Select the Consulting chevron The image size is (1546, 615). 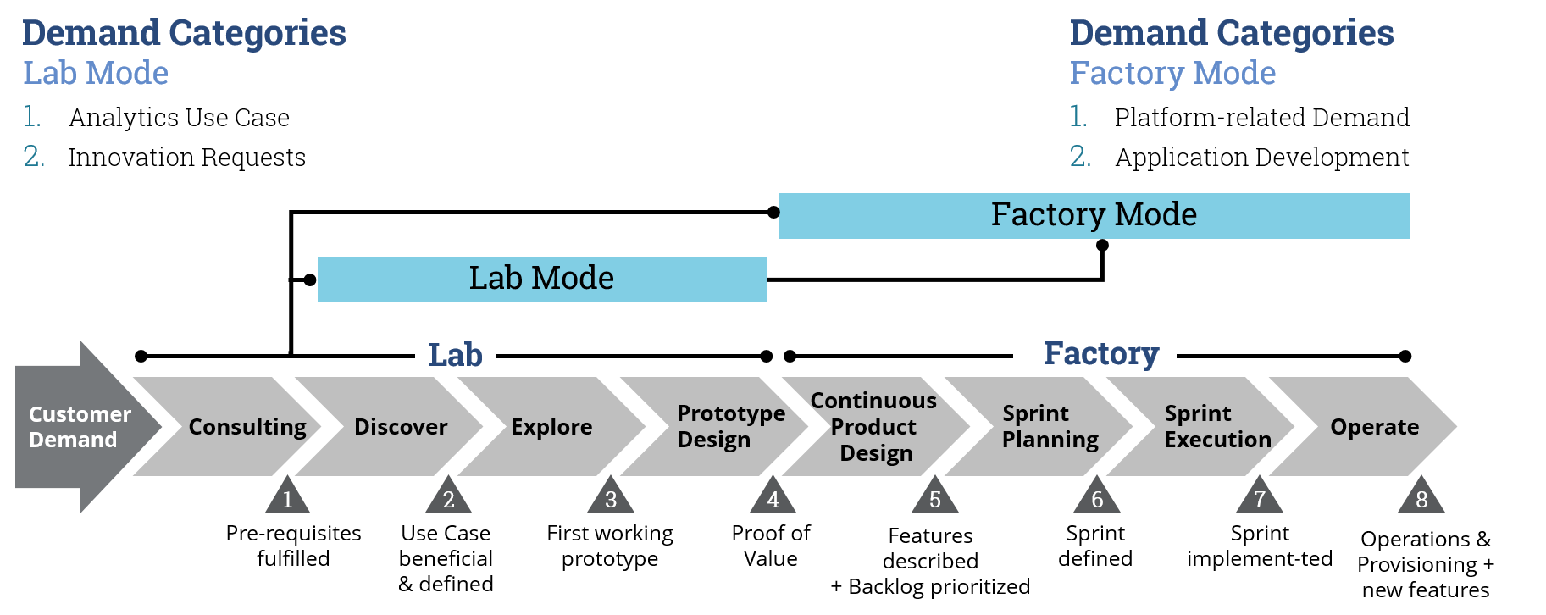[x=246, y=427]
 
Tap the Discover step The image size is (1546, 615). [x=400, y=427]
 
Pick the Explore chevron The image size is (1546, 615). [x=551, y=427]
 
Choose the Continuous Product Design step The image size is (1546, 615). [x=874, y=427]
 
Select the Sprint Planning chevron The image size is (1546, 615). [x=1049, y=427]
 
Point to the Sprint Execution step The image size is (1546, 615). [x=1216, y=427]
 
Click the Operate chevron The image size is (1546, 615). [x=1373, y=427]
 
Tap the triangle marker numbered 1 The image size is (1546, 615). [x=287, y=498]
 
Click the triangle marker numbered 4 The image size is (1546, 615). [x=773, y=498]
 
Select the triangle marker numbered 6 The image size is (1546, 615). [x=1097, y=498]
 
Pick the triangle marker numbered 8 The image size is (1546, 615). [x=1421, y=498]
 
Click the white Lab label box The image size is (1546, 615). [x=455, y=356]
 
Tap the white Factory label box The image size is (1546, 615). [x=1094, y=354]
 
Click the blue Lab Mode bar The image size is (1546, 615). [x=541, y=279]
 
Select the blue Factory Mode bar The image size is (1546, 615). [x=1094, y=215]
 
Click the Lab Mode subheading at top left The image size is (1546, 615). [x=96, y=74]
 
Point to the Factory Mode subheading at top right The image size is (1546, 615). [x=1172, y=74]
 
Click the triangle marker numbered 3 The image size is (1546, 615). [x=611, y=498]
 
